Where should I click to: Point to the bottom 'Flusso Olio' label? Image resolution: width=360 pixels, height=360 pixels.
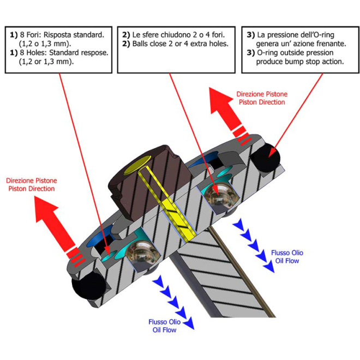164,322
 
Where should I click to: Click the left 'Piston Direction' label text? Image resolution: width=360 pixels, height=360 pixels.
32,189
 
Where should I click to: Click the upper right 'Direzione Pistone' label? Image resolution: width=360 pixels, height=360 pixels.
261,94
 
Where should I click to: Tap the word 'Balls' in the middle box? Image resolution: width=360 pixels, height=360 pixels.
140,43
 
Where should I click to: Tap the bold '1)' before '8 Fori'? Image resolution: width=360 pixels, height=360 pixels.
14,34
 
